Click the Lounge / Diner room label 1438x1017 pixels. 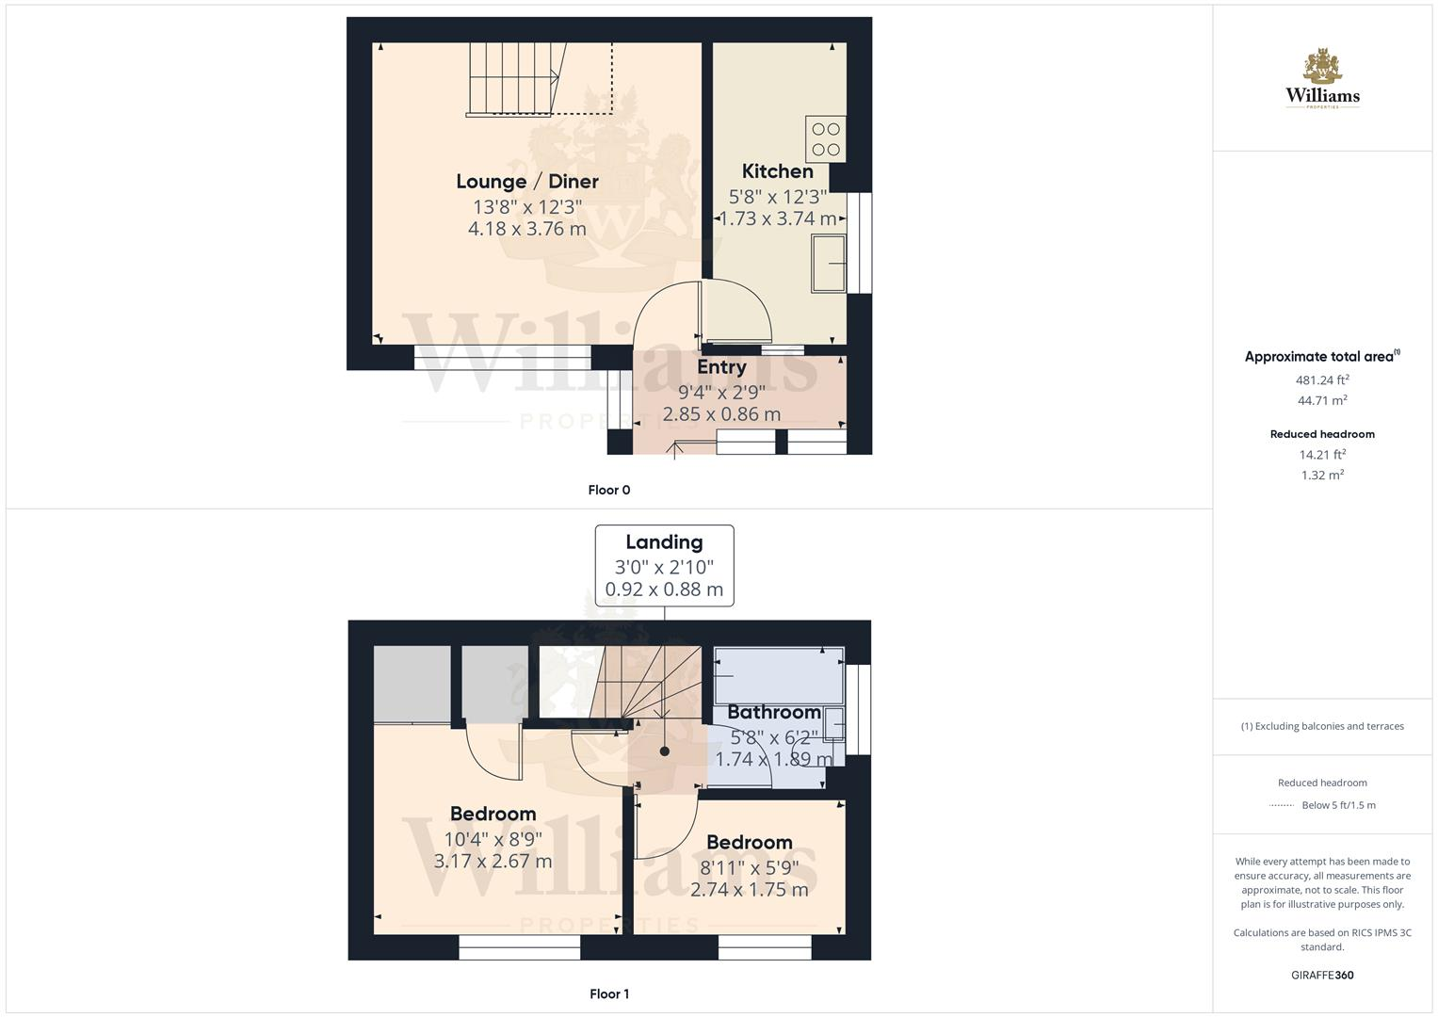(x=527, y=182)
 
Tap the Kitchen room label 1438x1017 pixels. (x=777, y=171)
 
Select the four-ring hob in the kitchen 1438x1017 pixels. (x=826, y=139)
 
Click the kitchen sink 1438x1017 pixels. (x=829, y=263)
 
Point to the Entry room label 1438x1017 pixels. (x=721, y=367)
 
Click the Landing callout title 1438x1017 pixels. (x=664, y=542)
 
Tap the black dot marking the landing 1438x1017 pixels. (x=665, y=751)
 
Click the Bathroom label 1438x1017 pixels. (x=774, y=713)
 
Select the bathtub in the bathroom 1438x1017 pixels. (x=778, y=675)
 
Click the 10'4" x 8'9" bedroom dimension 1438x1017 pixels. (x=493, y=838)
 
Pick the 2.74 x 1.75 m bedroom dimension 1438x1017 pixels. (x=749, y=890)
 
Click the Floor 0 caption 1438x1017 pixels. (x=609, y=490)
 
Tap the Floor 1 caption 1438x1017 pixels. (x=609, y=993)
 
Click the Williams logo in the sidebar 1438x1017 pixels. (x=1322, y=80)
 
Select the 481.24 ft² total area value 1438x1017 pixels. (x=1322, y=380)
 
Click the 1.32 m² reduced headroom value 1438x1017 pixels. (x=1322, y=476)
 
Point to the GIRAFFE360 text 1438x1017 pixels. (x=1322, y=975)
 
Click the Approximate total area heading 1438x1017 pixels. (x=1321, y=357)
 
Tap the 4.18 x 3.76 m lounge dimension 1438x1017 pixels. (x=527, y=229)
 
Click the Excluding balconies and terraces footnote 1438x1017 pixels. (x=1322, y=726)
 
